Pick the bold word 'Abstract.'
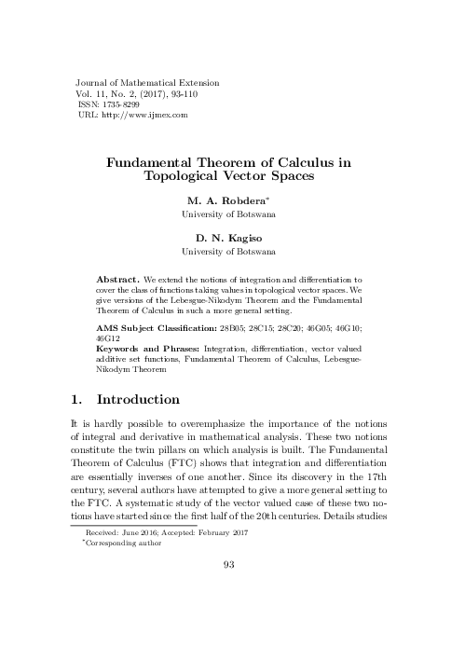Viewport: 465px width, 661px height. coord(118,279)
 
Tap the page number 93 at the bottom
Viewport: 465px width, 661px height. coord(232,588)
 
